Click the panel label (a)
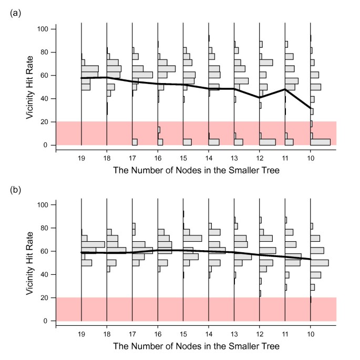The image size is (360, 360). [15, 12]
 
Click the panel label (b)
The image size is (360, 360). [15, 188]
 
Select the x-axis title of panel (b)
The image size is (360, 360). [196, 346]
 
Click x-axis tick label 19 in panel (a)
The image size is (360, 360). [81, 158]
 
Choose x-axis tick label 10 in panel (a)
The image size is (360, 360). [310, 158]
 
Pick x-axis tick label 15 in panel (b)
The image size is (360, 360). [183, 334]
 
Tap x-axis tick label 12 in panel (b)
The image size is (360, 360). [259, 334]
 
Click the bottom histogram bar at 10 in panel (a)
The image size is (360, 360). [320, 142]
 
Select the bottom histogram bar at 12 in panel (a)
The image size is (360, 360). [267, 142]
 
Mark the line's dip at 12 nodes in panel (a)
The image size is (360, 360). [259, 97]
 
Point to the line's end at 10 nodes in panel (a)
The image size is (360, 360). [310, 109]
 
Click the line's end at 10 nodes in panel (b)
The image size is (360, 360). [310, 259]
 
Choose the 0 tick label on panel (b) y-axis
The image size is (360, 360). [46, 321]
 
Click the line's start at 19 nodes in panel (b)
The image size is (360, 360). [81, 253]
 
